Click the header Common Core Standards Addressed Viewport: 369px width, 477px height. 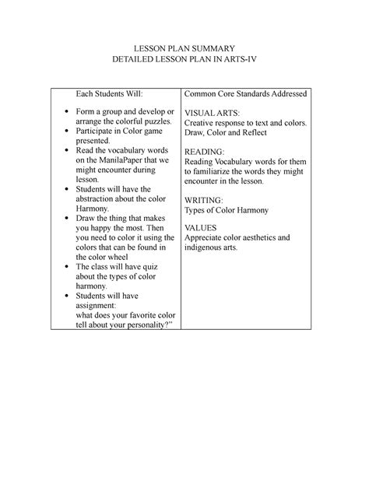click(x=244, y=93)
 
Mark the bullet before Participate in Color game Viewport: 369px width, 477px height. click(x=65, y=135)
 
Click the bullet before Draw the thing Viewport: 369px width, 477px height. click(x=65, y=220)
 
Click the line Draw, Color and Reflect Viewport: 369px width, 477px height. click(x=227, y=133)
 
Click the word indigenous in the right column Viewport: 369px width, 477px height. click(x=205, y=247)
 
